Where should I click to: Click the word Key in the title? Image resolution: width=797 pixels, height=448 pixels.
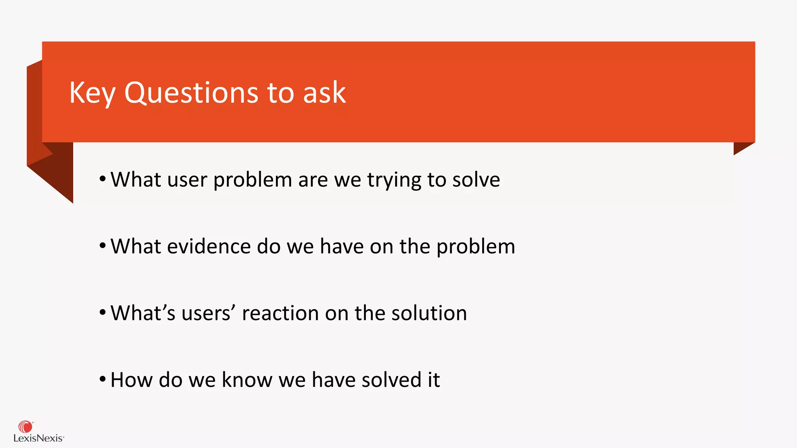coord(92,93)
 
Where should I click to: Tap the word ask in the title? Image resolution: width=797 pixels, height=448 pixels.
coord(324,93)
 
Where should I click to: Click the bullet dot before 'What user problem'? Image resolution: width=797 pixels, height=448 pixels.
coord(102,179)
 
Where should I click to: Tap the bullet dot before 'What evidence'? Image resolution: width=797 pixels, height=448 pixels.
coord(102,246)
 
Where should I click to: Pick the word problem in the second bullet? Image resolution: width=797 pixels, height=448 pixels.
coord(476,247)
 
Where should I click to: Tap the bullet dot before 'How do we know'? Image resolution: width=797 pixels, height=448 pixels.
coord(102,379)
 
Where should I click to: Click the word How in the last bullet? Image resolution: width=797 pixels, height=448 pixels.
coord(131,380)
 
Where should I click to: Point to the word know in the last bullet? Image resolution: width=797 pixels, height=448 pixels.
coord(247,380)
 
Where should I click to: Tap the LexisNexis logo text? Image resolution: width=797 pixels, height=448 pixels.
coord(38,439)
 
